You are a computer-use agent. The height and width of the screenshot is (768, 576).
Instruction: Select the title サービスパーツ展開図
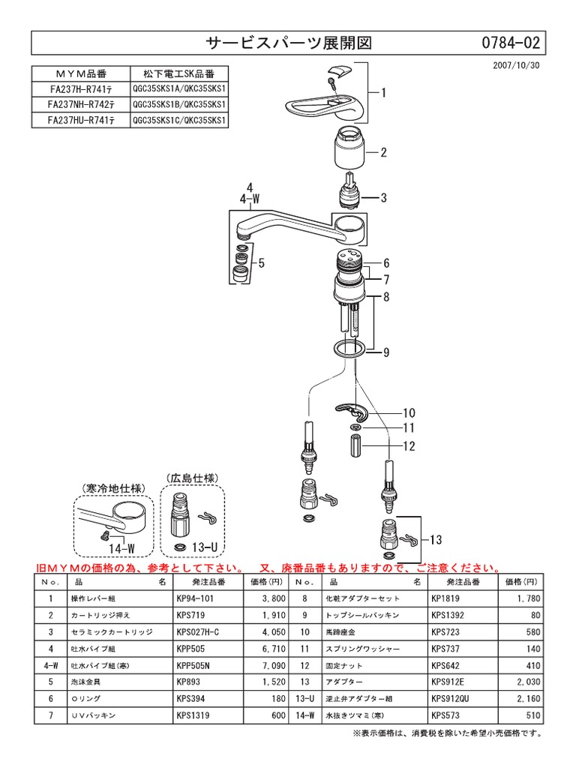tap(288, 43)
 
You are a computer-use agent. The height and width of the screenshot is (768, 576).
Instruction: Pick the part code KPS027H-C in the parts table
tap(199, 633)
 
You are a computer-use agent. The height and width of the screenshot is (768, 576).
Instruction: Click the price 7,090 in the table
tap(271, 664)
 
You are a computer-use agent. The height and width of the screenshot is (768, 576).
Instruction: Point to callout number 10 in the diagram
tap(409, 413)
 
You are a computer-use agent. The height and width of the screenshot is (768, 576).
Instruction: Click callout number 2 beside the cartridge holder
tap(383, 152)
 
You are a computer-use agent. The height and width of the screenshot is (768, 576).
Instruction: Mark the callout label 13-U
tap(204, 547)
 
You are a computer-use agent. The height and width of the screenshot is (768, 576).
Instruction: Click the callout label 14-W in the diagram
tap(122, 548)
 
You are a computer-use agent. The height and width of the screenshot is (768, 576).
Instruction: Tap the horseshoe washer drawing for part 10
tap(350, 410)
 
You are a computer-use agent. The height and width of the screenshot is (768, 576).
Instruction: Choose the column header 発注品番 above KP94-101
tap(198, 581)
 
